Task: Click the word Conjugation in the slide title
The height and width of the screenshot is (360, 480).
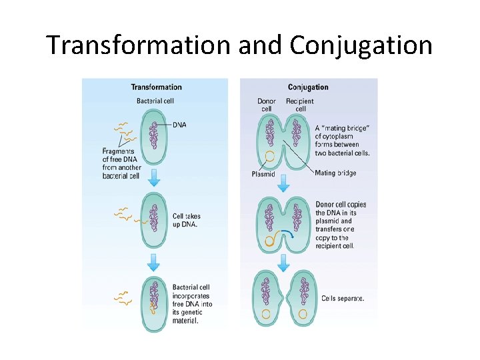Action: [361, 45]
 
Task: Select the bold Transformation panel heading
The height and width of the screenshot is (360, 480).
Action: [156, 87]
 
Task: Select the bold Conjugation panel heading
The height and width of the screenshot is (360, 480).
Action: [308, 87]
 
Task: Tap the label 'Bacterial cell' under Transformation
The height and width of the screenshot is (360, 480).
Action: [155, 101]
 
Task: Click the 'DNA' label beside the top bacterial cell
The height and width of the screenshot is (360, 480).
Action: [179, 125]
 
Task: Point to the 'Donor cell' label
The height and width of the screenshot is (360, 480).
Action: [267, 105]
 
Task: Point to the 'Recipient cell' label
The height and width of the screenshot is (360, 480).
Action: [300, 105]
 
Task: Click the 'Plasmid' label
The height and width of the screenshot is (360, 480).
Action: [263, 174]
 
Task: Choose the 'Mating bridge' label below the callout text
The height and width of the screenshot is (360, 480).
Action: [335, 173]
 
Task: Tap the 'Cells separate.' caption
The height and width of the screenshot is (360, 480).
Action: [343, 298]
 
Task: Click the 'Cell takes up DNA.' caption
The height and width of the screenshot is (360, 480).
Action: [186, 220]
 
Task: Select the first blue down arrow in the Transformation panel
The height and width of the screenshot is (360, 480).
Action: [154, 178]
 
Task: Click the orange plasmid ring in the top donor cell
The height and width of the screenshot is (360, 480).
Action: [269, 158]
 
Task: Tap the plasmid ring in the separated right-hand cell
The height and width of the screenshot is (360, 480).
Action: [303, 313]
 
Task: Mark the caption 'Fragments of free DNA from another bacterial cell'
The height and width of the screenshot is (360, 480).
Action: [121, 163]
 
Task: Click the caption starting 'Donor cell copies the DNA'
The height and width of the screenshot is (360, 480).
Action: [341, 225]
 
